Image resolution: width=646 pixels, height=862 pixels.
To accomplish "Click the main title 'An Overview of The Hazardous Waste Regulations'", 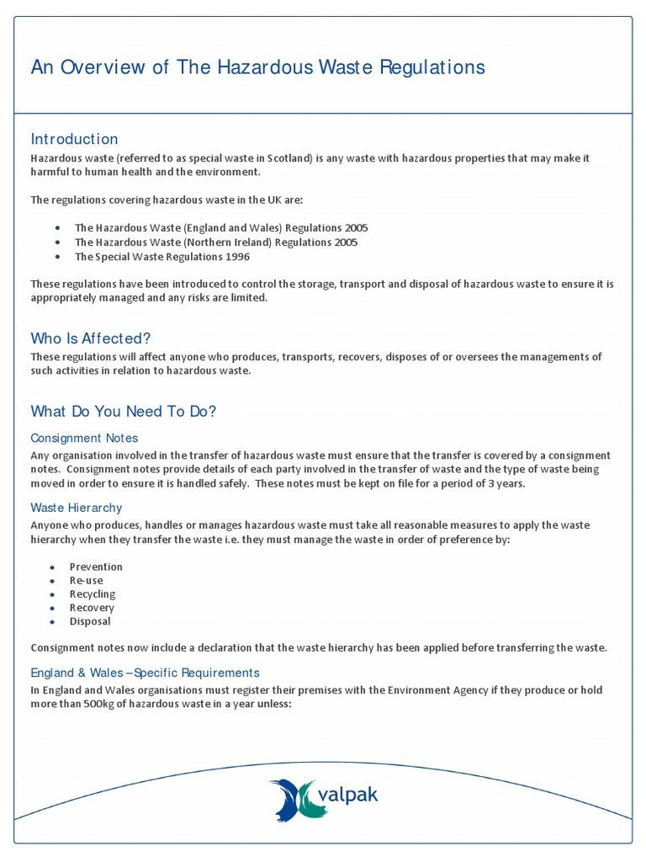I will pyautogui.click(x=257, y=67).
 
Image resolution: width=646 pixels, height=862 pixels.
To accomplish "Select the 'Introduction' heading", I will pyautogui.click(x=74, y=139).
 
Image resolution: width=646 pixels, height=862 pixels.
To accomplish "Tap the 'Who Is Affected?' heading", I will pyautogui.click(x=91, y=338).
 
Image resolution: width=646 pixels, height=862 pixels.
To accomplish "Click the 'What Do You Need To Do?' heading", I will pyautogui.click(x=123, y=412).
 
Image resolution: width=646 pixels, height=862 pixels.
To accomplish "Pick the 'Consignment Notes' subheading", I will pyautogui.click(x=84, y=438).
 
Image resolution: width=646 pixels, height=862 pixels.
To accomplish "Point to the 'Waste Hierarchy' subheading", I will pyautogui.click(x=77, y=508).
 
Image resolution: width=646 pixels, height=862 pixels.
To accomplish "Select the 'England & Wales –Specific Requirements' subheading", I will pyautogui.click(x=145, y=673).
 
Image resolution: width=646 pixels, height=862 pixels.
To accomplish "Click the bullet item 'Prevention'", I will pyautogui.click(x=96, y=567).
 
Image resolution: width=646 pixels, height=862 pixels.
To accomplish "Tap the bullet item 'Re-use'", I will pyautogui.click(x=87, y=580).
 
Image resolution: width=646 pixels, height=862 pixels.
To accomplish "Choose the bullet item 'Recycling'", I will pyautogui.click(x=93, y=593).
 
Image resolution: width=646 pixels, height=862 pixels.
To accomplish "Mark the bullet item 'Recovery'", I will pyautogui.click(x=92, y=607).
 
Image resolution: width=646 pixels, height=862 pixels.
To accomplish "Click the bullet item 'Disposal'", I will pyautogui.click(x=90, y=621).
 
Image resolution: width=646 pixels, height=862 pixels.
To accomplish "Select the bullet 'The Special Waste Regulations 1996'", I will pyautogui.click(x=162, y=256).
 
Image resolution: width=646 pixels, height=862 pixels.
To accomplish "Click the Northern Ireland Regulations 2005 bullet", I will pyautogui.click(x=216, y=242).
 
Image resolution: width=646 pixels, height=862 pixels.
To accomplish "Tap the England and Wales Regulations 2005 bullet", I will pyautogui.click(x=221, y=228).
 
